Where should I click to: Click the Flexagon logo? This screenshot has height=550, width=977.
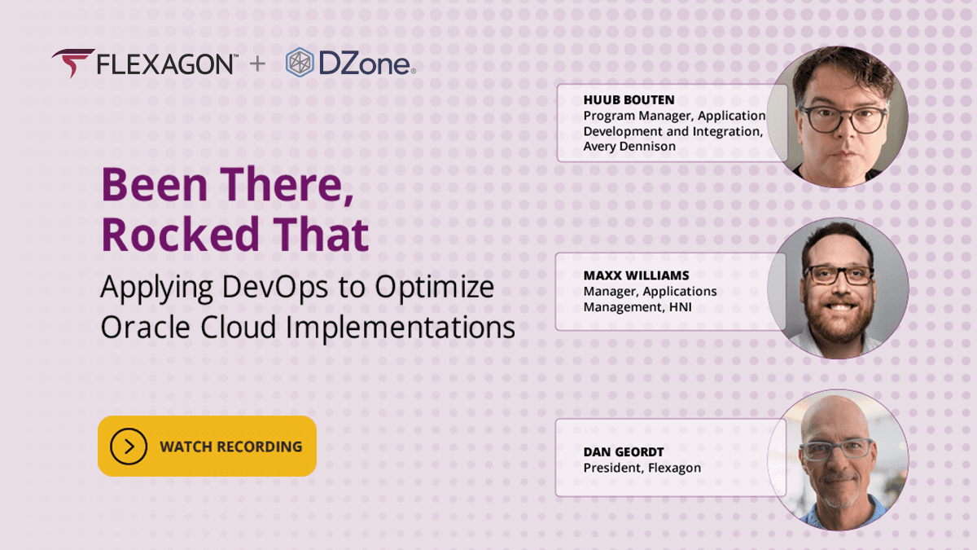pyautogui.click(x=144, y=64)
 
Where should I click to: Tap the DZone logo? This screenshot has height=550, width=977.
pyautogui.click(x=351, y=64)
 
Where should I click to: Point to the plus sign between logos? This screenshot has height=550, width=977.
pyautogui.click(x=257, y=64)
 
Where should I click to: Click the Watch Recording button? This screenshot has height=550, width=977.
pyautogui.click(x=207, y=446)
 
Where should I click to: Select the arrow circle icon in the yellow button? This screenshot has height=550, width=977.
pyautogui.click(x=128, y=447)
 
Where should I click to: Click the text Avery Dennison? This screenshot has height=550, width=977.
pyautogui.click(x=630, y=147)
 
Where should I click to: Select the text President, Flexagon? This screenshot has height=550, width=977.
pyautogui.click(x=642, y=468)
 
